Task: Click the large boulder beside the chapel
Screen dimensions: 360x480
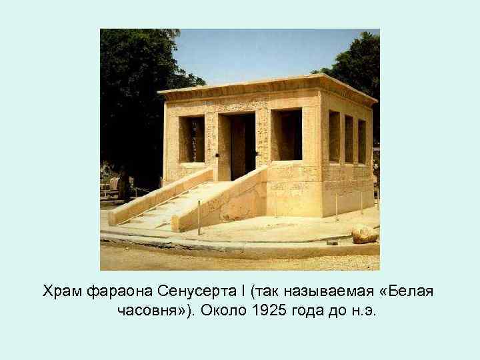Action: tap(365, 234)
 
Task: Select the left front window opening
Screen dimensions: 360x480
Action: tap(193, 139)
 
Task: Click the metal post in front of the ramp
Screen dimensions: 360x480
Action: tap(199, 217)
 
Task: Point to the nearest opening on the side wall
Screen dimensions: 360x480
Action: tap(334, 136)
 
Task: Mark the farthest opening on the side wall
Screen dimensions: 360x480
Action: tap(362, 141)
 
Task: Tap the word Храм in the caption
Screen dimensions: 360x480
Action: tap(63, 291)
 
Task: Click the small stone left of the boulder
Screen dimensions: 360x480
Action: tap(332, 243)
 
